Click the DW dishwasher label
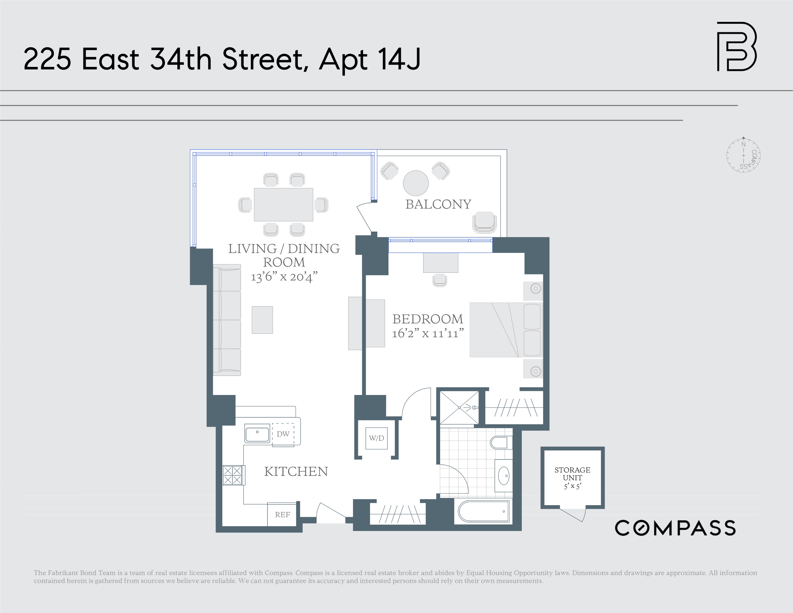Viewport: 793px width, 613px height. [283, 434]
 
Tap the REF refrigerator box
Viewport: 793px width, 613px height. [282, 515]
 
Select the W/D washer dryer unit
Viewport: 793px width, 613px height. [376, 438]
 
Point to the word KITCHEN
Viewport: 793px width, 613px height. [296, 471]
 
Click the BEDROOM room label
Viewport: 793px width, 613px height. [427, 319]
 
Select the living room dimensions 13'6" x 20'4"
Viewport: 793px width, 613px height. [284, 277]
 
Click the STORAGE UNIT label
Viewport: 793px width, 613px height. [572, 474]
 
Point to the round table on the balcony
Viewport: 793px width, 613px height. [416, 183]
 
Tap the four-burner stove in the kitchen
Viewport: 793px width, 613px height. [232, 475]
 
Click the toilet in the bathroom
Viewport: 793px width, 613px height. [501, 442]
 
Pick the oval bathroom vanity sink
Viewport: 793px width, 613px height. [504, 475]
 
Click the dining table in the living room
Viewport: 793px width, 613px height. [283, 204]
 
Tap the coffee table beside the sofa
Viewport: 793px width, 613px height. [262, 320]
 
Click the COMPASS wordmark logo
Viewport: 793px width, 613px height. [675, 528]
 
